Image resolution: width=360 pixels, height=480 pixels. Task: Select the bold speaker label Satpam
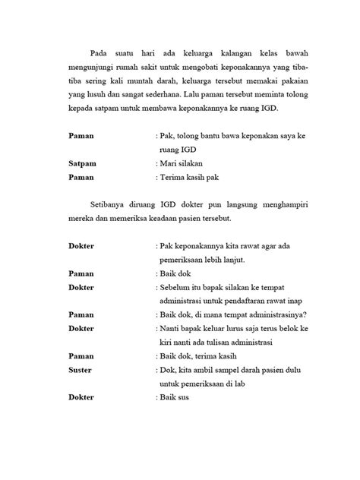pos(81,163)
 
